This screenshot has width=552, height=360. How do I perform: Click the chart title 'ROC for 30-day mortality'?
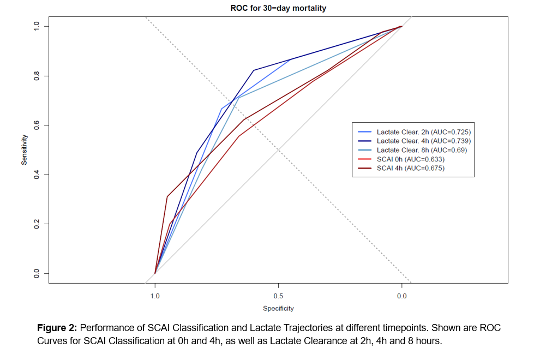[x=278, y=8]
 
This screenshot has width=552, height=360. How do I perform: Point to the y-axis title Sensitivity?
[x=25, y=149]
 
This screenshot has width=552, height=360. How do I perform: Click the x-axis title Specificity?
[x=278, y=309]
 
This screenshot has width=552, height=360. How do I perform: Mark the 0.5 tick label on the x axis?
[x=278, y=297]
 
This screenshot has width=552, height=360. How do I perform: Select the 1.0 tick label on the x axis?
[x=155, y=297]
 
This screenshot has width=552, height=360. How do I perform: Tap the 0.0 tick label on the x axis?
[x=401, y=297]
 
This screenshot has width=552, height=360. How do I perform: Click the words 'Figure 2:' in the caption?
[x=57, y=328]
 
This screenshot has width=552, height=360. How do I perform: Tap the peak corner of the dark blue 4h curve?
[x=254, y=70]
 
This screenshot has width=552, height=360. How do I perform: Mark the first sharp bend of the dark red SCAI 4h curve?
[x=167, y=196]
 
